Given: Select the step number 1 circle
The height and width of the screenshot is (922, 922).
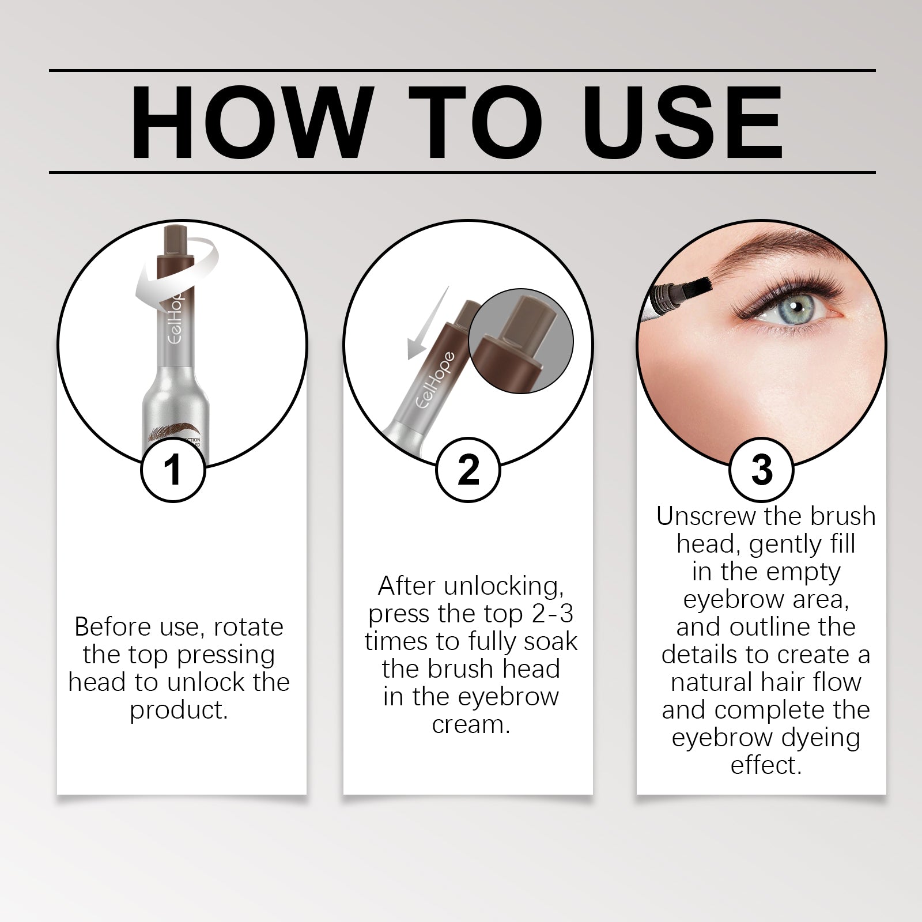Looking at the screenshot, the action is click(173, 470).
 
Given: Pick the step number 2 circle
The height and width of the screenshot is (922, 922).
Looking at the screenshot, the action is click(468, 470).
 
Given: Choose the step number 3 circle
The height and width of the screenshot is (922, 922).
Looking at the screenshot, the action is click(762, 470).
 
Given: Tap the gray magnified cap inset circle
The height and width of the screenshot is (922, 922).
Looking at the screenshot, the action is click(522, 341).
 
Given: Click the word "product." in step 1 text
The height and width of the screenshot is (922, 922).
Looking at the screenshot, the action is click(179, 711).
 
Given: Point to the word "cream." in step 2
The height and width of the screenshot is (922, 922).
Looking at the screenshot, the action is click(471, 724).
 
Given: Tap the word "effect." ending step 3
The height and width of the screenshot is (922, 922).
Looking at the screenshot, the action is click(766, 766).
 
